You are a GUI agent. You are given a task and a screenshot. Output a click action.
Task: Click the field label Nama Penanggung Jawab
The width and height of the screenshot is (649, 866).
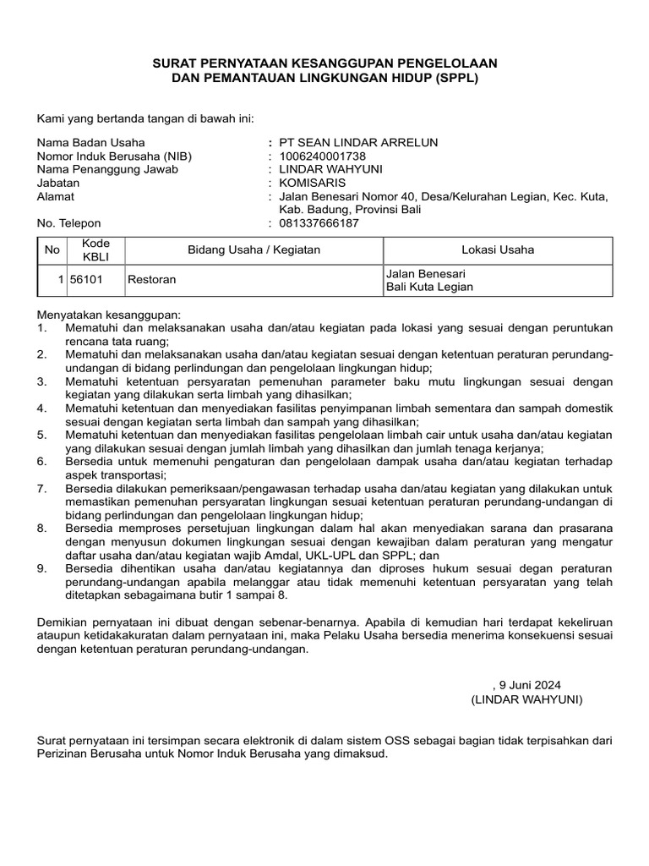click(107, 169)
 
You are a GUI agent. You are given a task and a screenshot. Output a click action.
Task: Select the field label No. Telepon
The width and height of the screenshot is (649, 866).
click(68, 223)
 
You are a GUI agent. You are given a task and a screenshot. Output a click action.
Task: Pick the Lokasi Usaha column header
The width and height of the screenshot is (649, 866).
click(497, 249)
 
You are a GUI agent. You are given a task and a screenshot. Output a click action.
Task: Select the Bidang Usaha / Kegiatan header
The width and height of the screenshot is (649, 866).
click(254, 249)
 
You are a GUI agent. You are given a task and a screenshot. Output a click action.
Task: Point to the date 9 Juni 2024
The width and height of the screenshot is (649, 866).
click(529, 685)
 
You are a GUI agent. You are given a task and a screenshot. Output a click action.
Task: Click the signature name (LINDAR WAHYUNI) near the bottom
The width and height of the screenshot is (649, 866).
click(526, 700)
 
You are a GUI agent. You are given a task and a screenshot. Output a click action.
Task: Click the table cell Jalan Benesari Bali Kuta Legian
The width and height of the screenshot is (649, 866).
click(429, 280)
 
